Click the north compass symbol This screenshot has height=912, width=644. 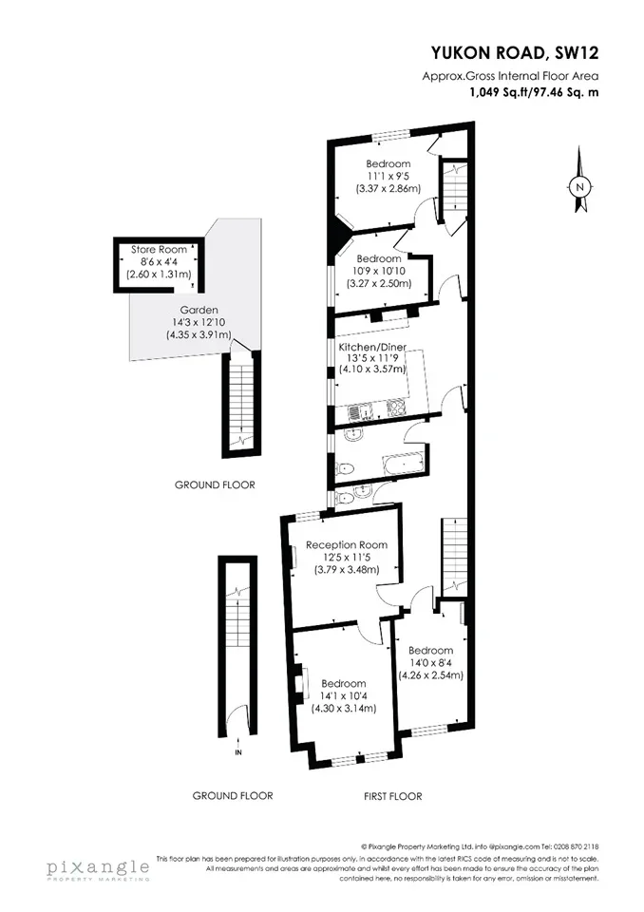[578, 180]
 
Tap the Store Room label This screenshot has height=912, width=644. [159, 250]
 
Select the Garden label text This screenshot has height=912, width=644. [199, 310]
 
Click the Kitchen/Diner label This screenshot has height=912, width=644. [372, 348]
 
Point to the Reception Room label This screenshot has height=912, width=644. [347, 545]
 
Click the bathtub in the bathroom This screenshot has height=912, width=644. [403, 464]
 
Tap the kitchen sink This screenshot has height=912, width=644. [361, 411]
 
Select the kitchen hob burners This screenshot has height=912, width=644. [395, 408]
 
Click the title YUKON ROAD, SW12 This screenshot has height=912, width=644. [515, 53]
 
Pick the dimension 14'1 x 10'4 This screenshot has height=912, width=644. [344, 695]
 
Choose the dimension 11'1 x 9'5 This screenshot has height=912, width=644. [388, 177]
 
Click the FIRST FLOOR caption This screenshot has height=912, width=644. [392, 796]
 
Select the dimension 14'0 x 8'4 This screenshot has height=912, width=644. [430, 662]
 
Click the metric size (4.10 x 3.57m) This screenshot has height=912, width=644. [372, 369]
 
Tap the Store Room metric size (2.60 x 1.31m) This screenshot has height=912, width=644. [159, 274]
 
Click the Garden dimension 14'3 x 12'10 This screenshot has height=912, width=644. [199, 322]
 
